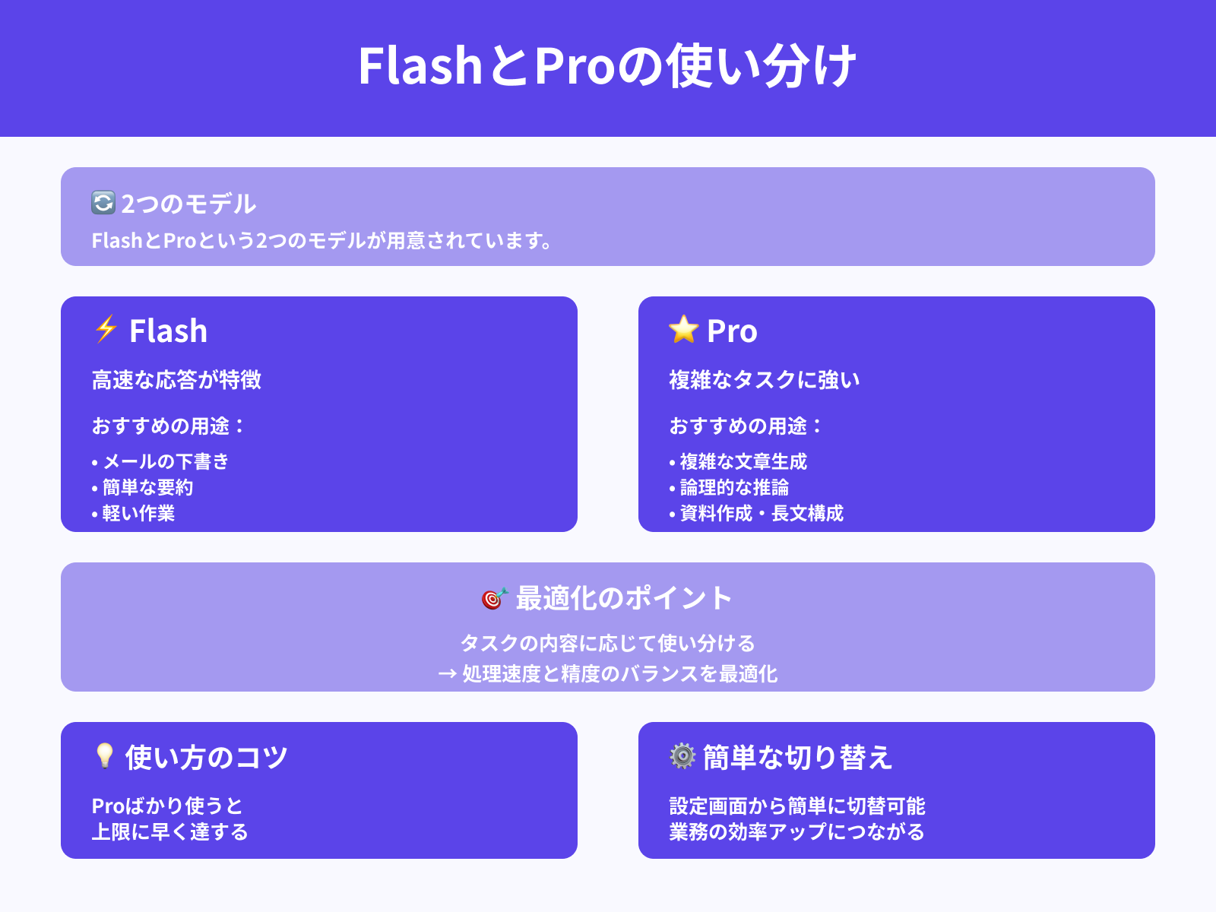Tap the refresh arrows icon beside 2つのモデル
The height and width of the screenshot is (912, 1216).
(103, 203)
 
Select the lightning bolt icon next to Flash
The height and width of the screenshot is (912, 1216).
(106, 329)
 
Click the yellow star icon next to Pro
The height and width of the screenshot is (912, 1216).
(683, 329)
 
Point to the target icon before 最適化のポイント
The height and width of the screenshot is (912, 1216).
(494, 598)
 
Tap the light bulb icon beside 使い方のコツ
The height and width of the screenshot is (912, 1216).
(104, 756)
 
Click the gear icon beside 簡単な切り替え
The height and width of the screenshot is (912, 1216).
(682, 756)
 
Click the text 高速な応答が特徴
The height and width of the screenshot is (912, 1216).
(176, 379)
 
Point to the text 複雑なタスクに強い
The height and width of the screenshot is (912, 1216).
(764, 379)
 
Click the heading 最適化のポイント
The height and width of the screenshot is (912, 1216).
(623, 598)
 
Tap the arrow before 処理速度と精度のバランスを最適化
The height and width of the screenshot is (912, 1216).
(447, 674)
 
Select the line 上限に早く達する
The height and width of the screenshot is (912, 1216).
(169, 831)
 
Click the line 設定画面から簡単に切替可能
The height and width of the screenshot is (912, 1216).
(796, 806)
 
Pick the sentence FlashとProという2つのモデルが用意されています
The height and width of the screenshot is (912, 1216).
(321, 241)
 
